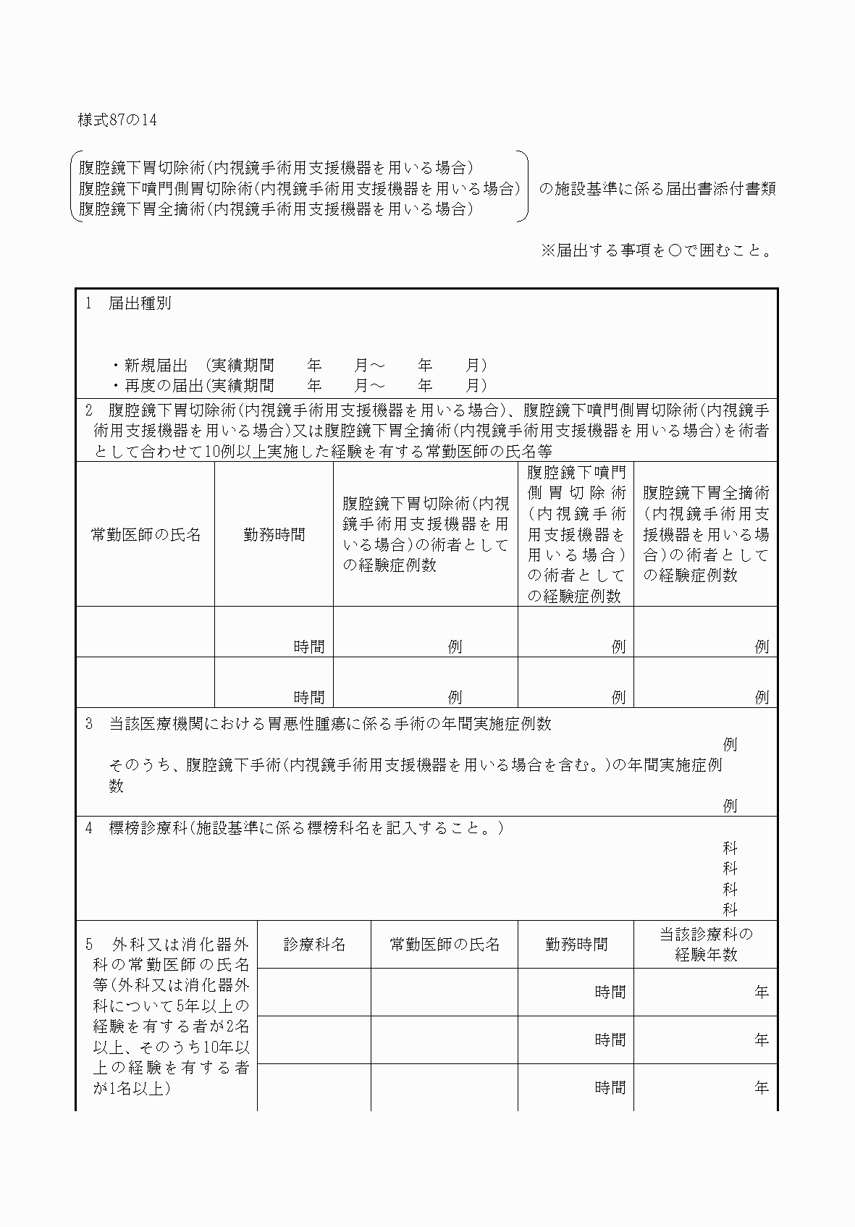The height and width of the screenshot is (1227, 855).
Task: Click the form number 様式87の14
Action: (117, 120)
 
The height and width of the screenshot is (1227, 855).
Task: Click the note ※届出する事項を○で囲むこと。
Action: (657, 250)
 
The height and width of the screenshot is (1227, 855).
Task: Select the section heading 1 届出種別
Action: (129, 304)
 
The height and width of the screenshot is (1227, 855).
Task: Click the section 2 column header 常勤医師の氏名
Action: (146, 534)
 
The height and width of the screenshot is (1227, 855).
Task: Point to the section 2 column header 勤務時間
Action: (274, 534)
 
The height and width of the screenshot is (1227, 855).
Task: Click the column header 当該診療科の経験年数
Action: (706, 944)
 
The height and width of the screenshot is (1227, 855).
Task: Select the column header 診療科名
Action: (314, 944)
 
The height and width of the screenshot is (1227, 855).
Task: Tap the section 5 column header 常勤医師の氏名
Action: (445, 944)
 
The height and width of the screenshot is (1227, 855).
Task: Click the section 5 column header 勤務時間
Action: (576, 944)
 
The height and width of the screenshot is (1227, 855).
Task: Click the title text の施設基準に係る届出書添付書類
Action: (657, 189)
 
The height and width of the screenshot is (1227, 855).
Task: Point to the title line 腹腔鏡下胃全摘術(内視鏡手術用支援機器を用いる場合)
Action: (276, 209)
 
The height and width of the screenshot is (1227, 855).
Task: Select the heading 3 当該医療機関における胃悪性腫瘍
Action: (319, 724)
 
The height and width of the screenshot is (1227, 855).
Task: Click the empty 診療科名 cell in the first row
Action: (314, 992)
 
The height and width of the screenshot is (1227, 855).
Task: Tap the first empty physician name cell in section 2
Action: (146, 632)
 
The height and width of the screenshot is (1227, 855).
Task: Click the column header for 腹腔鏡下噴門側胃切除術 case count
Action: (576, 534)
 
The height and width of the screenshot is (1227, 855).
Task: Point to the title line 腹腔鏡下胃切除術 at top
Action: (276, 168)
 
